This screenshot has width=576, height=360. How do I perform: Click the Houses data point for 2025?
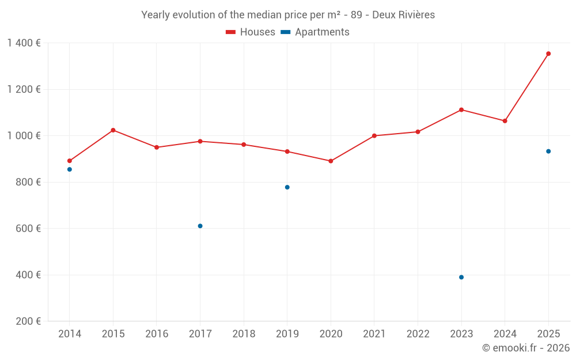(x=548, y=54)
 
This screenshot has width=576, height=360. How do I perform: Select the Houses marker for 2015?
(x=113, y=130)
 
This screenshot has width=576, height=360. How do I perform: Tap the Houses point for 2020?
(x=331, y=161)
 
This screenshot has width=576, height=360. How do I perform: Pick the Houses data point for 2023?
(x=461, y=109)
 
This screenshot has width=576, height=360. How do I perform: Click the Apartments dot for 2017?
(x=200, y=226)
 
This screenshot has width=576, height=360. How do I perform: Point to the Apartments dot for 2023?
(x=461, y=277)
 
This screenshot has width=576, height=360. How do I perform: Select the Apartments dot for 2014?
(x=70, y=169)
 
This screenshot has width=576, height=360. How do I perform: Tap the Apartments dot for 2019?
(x=287, y=187)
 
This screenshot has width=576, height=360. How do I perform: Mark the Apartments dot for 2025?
(x=548, y=151)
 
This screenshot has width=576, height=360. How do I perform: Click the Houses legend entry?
(x=251, y=32)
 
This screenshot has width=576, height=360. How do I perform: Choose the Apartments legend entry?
(x=315, y=32)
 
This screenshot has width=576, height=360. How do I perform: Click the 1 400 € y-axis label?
(x=24, y=43)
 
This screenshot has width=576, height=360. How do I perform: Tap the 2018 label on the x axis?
(x=244, y=334)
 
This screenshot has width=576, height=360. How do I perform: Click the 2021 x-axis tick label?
(x=374, y=334)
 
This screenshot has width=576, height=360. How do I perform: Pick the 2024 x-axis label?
(x=505, y=334)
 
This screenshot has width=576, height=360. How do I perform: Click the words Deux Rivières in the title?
(x=403, y=15)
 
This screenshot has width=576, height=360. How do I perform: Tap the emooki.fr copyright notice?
(x=525, y=348)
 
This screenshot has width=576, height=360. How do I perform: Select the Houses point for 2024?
(x=505, y=121)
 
